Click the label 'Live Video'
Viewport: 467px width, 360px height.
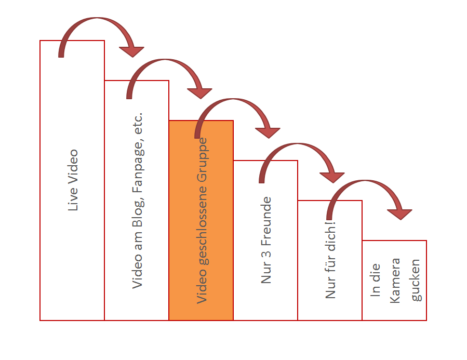click(73, 180)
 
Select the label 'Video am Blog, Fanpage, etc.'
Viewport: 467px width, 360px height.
click(138, 201)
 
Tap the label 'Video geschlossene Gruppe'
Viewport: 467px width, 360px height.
click(202, 221)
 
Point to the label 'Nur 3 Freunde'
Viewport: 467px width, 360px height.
click(266, 239)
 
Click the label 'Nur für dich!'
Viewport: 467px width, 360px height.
click(330, 260)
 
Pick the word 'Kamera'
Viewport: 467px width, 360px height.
click(395, 281)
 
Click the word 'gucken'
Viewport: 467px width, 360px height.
click(416, 280)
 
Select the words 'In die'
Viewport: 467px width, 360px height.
click(375, 280)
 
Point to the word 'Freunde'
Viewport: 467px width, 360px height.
click(266, 221)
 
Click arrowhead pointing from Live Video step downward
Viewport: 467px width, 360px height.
click(131, 51)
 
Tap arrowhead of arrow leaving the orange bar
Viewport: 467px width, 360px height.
click(268, 133)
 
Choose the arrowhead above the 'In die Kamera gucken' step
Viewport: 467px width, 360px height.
click(399, 215)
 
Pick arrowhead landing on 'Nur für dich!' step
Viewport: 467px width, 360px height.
click(332, 178)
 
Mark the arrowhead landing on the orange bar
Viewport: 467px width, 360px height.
click(199, 93)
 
